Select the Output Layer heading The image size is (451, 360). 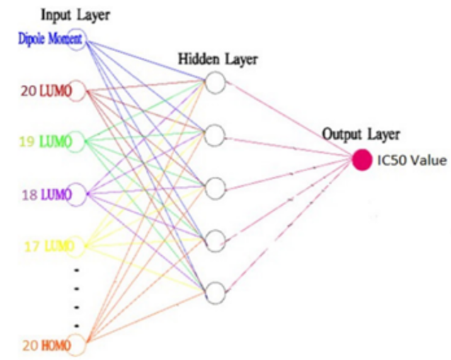pos(361,134)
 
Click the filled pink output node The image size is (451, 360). pos(362,160)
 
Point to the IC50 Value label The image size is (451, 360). pos(411,161)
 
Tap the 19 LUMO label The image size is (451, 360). pos(45,142)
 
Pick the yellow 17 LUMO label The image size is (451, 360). pos(45,246)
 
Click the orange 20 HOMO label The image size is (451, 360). pos(42,346)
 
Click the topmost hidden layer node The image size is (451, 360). pos(215,83)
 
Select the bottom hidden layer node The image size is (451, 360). pos(215,291)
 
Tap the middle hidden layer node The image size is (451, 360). pos(215,187)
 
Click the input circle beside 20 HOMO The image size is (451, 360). pos(77,346)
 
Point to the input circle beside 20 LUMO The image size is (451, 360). pos(77,91)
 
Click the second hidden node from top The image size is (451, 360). pos(215,134)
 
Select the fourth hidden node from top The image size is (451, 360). pos(215,239)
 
